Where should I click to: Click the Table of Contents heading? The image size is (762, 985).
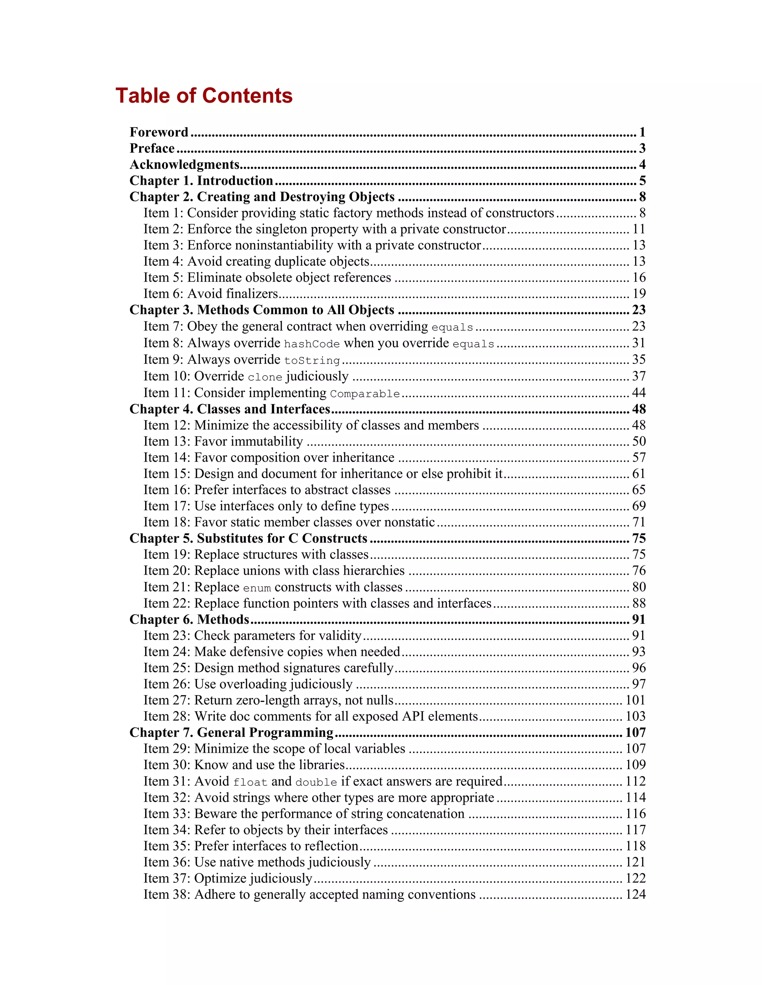(x=204, y=96)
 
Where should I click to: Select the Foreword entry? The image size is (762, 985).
(x=159, y=132)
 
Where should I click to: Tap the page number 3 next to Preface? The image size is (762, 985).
(x=642, y=148)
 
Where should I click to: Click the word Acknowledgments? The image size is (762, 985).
(x=184, y=165)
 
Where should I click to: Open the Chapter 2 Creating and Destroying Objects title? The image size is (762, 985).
(x=262, y=197)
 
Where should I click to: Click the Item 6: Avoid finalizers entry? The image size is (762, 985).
(x=210, y=294)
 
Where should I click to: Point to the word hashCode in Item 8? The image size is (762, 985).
(x=311, y=344)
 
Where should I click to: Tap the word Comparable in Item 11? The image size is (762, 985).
(x=365, y=394)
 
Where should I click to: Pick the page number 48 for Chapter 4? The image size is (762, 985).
(x=638, y=409)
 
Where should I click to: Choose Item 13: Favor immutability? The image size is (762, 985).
(x=223, y=442)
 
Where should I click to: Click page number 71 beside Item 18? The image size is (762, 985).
(x=638, y=522)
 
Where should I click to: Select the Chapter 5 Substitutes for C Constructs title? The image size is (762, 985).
(x=248, y=539)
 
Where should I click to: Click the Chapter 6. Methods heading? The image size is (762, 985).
(x=189, y=620)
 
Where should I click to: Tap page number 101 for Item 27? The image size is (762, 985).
(x=635, y=700)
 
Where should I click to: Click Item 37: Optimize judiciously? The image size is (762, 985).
(x=227, y=879)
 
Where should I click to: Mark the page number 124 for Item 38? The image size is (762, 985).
(x=635, y=895)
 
